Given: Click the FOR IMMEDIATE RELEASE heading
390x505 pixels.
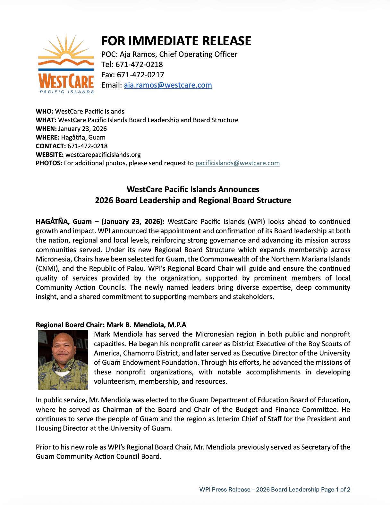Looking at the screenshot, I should pos(176,41).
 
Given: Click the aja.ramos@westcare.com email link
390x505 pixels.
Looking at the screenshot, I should pos(168,85).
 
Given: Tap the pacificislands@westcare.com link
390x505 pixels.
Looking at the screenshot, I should pos(237,163).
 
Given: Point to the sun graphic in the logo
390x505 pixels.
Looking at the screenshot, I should pos(66,48).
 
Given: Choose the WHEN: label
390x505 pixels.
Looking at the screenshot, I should pos(46,129).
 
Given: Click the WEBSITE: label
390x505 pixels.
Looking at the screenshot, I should pos(50,155).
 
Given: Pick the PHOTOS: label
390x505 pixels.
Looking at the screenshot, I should pos(49,163).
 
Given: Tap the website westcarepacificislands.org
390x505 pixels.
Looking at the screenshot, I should pos(103,155).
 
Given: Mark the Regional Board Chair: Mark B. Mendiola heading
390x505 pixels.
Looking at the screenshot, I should pos(111,325).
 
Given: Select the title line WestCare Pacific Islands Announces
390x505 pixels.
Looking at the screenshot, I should pos(193,189).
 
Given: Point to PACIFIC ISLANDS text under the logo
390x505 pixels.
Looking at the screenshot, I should pos(67,92).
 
